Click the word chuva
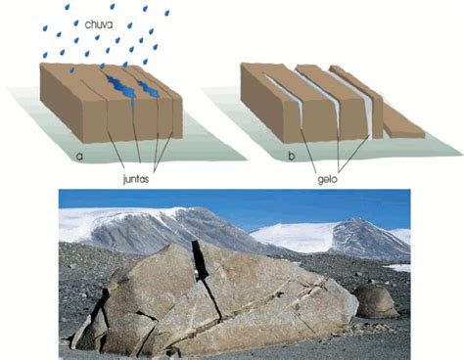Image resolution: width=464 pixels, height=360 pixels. (99, 24)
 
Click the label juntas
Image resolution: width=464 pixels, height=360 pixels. (136, 179)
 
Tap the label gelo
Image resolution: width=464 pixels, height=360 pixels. (327, 180)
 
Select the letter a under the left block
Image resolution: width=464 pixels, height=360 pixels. (79, 157)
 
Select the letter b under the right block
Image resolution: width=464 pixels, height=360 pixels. (292, 156)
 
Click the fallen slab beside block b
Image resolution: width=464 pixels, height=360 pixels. (403, 123)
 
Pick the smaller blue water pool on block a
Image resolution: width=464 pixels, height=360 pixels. (149, 88)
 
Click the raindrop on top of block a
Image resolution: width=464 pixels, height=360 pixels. (72, 70)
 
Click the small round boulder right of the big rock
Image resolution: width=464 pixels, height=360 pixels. (375, 301)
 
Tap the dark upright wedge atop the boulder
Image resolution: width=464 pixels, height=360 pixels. (200, 260)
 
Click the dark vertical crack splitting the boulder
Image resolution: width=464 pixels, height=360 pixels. (212, 299)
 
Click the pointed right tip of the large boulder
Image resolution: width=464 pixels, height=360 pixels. (357, 305)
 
